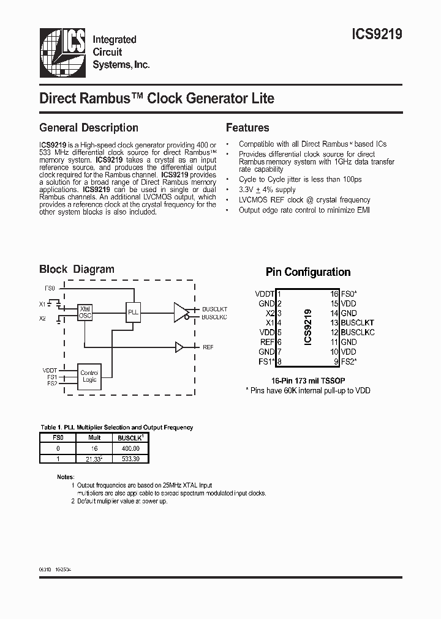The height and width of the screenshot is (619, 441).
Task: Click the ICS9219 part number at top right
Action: [377, 35]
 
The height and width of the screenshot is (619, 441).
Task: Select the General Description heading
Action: [89, 128]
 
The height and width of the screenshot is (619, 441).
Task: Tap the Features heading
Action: [247, 128]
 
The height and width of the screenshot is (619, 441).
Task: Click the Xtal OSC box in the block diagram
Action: [85, 312]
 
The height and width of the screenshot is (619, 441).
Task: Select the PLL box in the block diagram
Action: [133, 312]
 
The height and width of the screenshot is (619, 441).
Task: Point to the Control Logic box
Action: [89, 376]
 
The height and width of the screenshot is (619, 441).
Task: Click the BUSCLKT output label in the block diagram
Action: [214, 309]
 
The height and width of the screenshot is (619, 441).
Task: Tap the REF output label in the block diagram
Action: [208, 347]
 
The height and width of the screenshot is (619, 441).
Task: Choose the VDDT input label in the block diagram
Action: [50, 371]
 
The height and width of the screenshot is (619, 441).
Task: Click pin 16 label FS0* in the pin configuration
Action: [350, 294]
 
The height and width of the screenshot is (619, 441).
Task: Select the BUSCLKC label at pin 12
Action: [358, 332]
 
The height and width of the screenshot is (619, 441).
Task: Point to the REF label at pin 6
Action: [266, 342]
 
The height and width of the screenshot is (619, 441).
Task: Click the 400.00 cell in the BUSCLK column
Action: [130, 448]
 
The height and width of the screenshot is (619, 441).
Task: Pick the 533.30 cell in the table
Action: [130, 458]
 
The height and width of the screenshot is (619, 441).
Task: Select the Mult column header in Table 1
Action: [94, 438]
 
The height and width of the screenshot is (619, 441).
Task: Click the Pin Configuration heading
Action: [308, 272]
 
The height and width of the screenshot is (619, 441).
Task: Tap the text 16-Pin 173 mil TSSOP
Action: [307, 380]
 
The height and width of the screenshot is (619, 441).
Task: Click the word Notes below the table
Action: [65, 475]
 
